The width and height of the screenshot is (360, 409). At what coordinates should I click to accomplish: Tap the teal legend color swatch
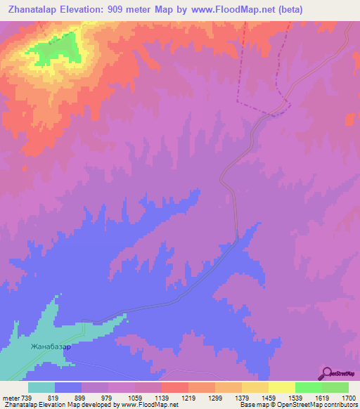(x=41, y=387)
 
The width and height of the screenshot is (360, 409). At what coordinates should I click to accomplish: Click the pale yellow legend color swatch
(x=281, y=387)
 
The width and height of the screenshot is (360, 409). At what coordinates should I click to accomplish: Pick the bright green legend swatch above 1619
(x=308, y=387)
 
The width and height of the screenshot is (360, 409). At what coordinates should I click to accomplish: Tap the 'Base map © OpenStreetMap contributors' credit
(x=296, y=405)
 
